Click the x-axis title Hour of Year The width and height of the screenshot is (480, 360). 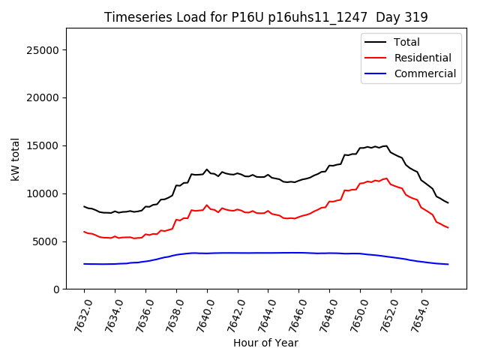(x=265, y=343)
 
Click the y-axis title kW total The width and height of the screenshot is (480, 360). (x=15, y=159)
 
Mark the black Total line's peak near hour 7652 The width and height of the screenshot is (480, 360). (x=386, y=145)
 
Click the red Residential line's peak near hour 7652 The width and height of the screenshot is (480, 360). (x=386, y=178)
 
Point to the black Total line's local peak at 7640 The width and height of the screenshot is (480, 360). (x=207, y=169)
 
